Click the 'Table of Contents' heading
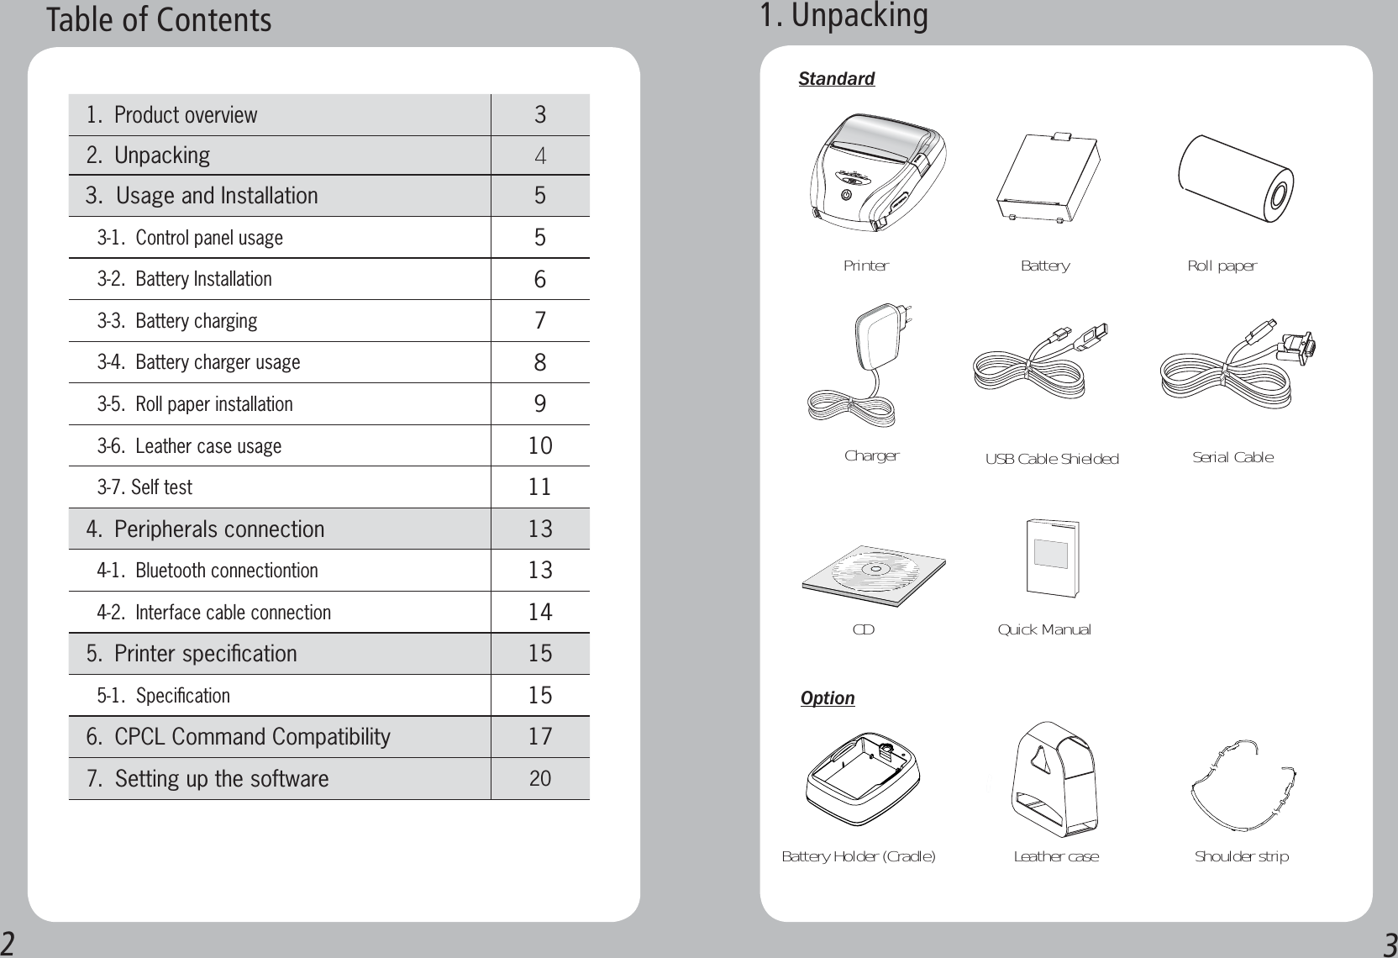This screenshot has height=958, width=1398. (159, 20)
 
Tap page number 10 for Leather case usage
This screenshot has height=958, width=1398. (540, 445)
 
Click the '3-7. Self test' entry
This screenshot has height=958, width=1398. (145, 487)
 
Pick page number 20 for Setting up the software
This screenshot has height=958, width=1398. (540, 779)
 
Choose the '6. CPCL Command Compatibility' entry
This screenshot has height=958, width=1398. (239, 737)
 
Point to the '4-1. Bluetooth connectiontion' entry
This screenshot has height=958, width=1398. (208, 571)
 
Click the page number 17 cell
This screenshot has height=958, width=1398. (540, 737)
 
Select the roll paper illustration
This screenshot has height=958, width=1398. (1236, 178)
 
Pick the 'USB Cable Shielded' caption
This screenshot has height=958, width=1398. (1052, 459)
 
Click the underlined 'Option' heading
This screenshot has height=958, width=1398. (828, 698)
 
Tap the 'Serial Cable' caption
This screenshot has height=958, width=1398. (1232, 457)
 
